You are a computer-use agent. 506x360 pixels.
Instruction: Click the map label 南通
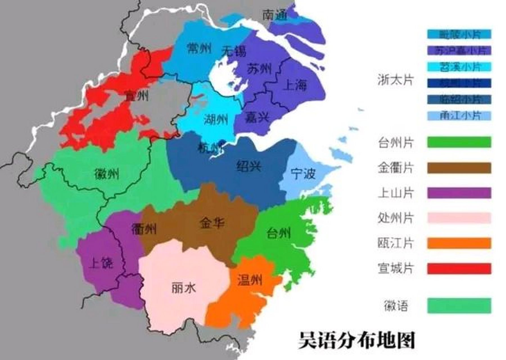[275, 15]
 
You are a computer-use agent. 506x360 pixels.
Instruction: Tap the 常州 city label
[199, 48]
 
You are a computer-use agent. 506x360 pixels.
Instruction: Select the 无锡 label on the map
[233, 51]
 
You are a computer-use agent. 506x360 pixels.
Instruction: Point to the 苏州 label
[259, 69]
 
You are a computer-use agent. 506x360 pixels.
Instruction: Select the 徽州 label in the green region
[107, 174]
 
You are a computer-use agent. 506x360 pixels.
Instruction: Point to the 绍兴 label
[249, 166]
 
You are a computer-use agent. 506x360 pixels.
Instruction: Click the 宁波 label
[303, 174]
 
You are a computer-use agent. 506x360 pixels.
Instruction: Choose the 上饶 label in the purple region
[101, 263]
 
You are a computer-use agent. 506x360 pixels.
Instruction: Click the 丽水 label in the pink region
[184, 288]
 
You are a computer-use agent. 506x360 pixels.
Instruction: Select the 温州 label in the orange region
[250, 280]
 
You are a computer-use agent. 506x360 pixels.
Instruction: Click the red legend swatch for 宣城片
[459, 268]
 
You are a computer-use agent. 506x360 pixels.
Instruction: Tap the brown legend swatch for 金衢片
[459, 168]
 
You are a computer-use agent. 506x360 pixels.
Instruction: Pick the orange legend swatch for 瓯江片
[459, 243]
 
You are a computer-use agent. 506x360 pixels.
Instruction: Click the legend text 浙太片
[395, 80]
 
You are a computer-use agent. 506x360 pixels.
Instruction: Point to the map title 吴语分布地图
[356, 341]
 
